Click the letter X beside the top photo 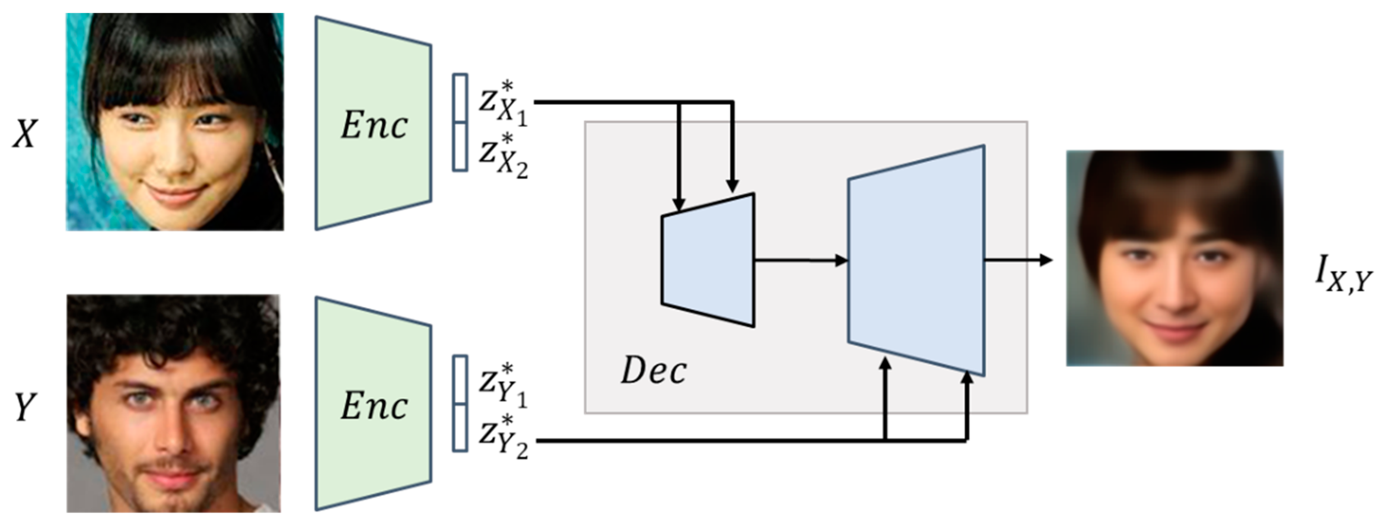(x=25, y=133)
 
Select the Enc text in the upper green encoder (x=374, y=125)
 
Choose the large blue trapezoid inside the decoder (x=916, y=260)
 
